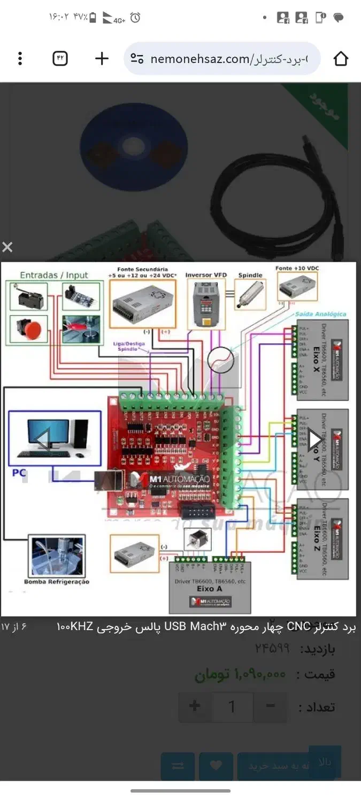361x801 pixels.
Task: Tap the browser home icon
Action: click(x=341, y=59)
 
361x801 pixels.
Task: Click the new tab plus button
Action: click(x=102, y=59)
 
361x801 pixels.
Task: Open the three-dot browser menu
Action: click(x=20, y=59)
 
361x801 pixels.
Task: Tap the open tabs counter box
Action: click(x=60, y=59)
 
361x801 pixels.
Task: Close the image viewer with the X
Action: click(x=7, y=247)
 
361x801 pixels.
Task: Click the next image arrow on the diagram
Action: click(x=314, y=439)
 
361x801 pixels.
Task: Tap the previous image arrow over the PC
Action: click(x=43, y=439)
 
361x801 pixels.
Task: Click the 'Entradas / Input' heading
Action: click(x=53, y=275)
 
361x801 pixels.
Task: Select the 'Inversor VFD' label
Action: click(x=206, y=275)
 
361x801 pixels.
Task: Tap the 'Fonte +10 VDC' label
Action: click(x=298, y=268)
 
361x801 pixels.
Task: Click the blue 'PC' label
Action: click(x=19, y=473)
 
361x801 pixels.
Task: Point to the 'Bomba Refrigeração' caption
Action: click(x=57, y=582)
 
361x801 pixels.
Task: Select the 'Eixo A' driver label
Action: click(x=210, y=589)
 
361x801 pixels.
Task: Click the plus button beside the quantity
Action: click(x=195, y=706)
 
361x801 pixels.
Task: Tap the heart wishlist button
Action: click(x=216, y=766)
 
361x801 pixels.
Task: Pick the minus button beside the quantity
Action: click(x=271, y=706)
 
